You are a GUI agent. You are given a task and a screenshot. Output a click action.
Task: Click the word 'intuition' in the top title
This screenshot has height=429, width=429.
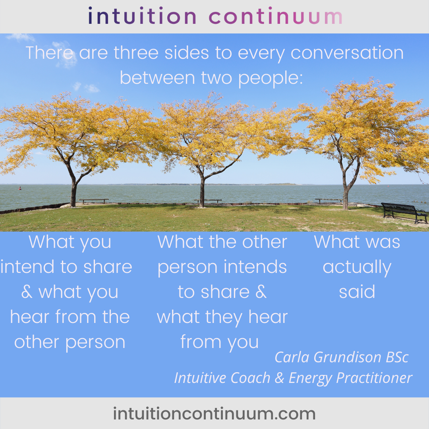point(142,16)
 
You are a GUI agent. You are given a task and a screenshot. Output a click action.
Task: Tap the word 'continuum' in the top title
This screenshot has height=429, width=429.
point(276,16)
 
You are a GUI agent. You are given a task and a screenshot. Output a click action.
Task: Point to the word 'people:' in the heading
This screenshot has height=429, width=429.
point(271,79)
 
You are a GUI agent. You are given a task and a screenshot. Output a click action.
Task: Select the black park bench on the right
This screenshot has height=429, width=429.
point(404,213)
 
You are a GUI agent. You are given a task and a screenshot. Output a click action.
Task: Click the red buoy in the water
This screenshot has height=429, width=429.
point(20,188)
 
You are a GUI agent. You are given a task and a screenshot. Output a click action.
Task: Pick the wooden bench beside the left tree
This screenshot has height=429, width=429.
point(94,201)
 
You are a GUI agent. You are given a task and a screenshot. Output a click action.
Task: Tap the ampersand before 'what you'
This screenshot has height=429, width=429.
point(27,292)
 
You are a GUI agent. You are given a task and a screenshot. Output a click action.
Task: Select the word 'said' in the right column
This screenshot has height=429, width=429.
point(357,292)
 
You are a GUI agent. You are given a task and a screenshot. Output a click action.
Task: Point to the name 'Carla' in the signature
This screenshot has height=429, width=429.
point(292,357)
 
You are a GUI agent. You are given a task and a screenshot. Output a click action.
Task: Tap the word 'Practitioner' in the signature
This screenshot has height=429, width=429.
point(374,378)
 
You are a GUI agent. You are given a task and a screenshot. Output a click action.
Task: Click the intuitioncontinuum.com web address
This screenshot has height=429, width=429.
point(214,414)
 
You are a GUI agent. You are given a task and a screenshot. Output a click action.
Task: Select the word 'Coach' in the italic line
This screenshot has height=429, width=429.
point(250,378)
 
